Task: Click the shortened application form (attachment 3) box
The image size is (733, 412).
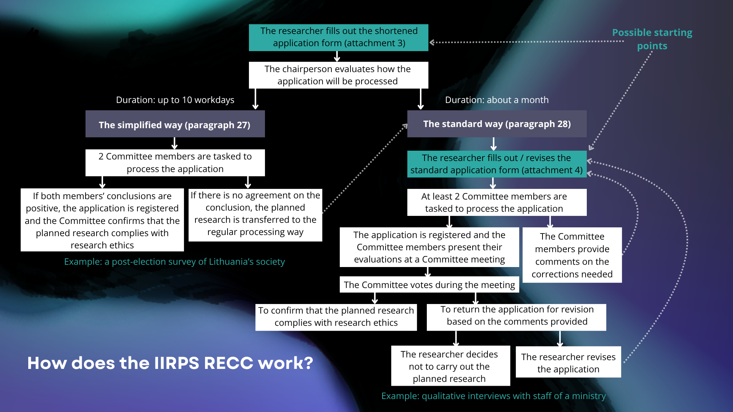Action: click(x=338, y=37)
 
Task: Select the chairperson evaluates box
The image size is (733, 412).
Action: click(x=338, y=75)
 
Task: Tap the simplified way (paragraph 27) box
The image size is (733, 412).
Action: click(x=175, y=124)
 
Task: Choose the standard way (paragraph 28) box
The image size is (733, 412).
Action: click(x=497, y=124)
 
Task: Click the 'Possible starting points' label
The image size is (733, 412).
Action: click(x=652, y=39)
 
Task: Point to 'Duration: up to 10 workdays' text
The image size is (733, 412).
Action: click(x=175, y=100)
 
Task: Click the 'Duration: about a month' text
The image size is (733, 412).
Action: click(x=497, y=100)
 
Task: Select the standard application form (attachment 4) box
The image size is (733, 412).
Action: click(x=497, y=164)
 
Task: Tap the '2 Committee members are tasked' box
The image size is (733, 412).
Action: click(x=175, y=163)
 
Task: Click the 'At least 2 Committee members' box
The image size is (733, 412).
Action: click(x=497, y=202)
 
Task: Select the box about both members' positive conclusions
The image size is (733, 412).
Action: click(x=102, y=220)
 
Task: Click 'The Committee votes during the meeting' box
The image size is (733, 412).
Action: click(x=429, y=285)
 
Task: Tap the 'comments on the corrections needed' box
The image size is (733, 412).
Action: click(x=572, y=255)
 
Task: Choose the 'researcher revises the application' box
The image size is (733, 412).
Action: click(x=568, y=362)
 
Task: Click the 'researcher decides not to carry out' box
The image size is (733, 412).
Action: click(x=450, y=366)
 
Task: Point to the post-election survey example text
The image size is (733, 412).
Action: click(x=174, y=262)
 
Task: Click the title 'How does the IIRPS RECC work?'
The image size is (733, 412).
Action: click(x=170, y=363)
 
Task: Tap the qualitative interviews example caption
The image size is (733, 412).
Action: click(x=493, y=396)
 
